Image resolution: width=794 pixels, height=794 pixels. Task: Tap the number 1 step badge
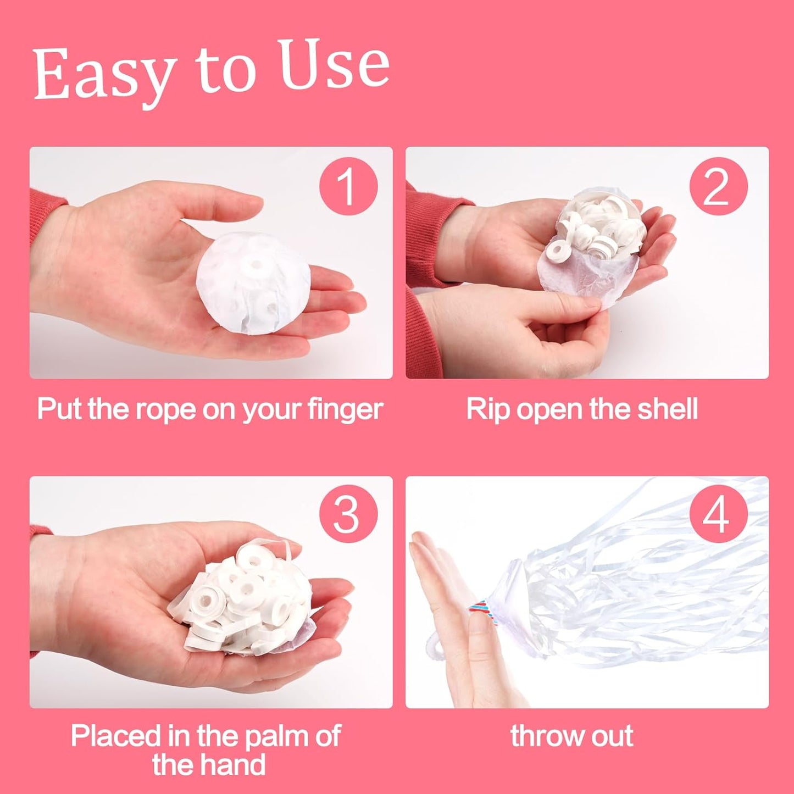point(348,187)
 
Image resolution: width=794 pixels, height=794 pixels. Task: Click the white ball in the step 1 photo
point(253,284)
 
